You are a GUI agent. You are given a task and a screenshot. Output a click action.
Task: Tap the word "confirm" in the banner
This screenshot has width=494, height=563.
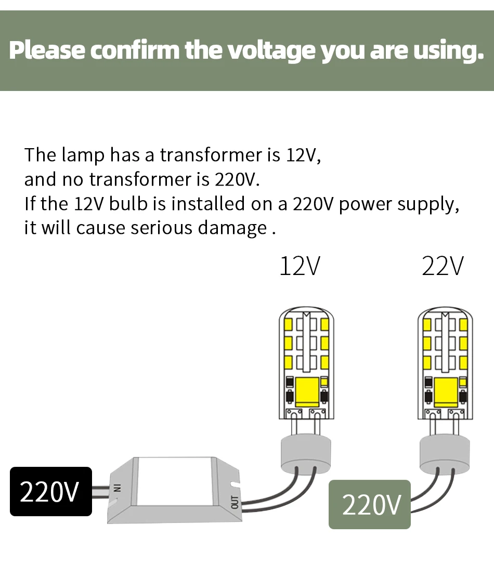[x=135, y=50]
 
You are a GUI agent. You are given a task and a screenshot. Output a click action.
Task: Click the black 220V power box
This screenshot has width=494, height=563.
[x=50, y=491]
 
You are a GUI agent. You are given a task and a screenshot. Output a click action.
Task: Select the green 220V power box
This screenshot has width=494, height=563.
[x=370, y=504]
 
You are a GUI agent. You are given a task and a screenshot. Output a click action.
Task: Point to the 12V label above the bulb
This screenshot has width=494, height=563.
[x=300, y=266]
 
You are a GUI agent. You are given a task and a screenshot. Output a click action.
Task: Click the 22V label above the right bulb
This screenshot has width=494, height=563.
[x=443, y=266]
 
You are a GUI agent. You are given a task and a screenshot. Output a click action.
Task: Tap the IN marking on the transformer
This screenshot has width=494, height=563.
[x=116, y=487]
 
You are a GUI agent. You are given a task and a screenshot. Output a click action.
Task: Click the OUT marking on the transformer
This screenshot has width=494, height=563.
[x=235, y=502]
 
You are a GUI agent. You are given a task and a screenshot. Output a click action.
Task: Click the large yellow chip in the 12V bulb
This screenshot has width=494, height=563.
[x=307, y=392]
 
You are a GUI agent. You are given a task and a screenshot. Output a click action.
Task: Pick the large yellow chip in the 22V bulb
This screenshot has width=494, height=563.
[x=446, y=392]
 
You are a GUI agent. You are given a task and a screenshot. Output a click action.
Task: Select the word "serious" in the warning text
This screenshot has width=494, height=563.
[x=161, y=228]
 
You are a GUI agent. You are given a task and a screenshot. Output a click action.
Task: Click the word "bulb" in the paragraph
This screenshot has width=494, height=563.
[x=128, y=204]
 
